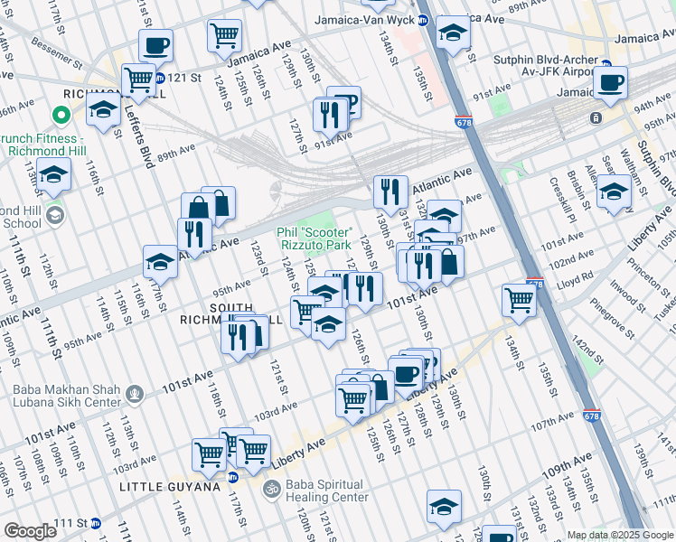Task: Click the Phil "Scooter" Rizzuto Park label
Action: click(x=314, y=238)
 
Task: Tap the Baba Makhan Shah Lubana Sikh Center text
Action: click(x=66, y=396)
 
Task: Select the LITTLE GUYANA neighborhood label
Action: click(x=170, y=487)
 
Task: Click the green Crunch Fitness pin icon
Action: click(x=61, y=115)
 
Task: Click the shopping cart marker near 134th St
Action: click(x=520, y=299)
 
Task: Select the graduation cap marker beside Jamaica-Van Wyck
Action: click(x=453, y=33)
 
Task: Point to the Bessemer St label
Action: click(x=60, y=64)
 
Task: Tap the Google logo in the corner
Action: click(x=30, y=531)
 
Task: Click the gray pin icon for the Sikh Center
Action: click(x=135, y=393)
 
